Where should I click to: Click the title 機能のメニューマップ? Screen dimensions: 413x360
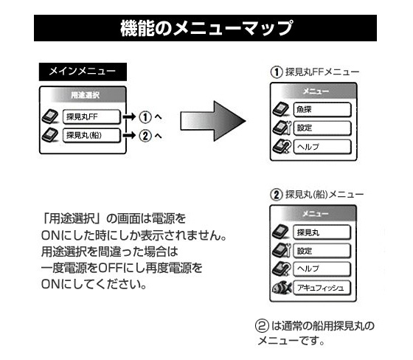click(x=206, y=28)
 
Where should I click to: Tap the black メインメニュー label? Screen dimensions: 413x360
click(x=83, y=72)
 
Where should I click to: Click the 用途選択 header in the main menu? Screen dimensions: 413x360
click(x=85, y=95)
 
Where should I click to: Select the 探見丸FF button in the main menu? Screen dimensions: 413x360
click(x=91, y=117)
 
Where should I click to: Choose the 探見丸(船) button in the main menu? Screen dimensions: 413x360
click(x=91, y=136)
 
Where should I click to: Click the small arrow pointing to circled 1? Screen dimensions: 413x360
click(x=129, y=117)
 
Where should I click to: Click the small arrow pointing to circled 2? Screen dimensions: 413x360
click(x=129, y=136)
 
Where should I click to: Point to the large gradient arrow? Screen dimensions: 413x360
click(x=213, y=121)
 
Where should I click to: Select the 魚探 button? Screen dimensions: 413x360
click(x=322, y=110)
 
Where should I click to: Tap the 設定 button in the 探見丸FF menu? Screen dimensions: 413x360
click(x=322, y=128)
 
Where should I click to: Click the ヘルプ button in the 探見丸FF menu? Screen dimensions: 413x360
click(x=322, y=147)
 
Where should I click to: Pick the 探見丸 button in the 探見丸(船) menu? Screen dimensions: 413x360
click(x=322, y=232)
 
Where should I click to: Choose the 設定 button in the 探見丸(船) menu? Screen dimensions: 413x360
click(x=322, y=251)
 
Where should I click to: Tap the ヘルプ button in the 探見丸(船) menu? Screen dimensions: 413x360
click(x=322, y=269)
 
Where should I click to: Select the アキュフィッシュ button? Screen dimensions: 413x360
click(x=322, y=288)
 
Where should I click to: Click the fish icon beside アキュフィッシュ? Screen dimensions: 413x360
click(x=282, y=288)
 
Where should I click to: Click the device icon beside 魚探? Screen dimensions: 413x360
click(x=281, y=109)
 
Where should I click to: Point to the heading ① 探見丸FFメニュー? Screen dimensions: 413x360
click(x=315, y=72)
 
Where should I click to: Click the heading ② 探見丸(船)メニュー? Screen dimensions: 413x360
click(x=317, y=195)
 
